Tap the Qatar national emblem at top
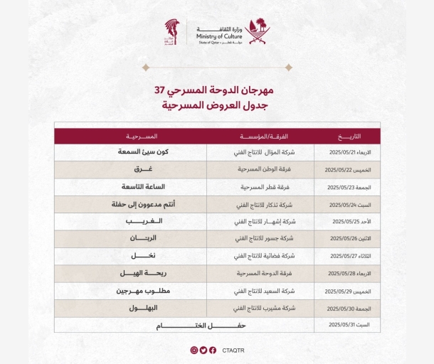click(x=258, y=31)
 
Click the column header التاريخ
click(x=347, y=136)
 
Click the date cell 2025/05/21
click(x=347, y=153)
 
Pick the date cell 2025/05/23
click(x=347, y=187)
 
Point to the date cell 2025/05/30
click(x=347, y=308)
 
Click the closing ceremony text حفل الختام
click(x=184, y=325)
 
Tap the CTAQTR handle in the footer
click(x=233, y=350)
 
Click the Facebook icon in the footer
click(x=213, y=350)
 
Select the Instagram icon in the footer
click(x=194, y=350)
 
